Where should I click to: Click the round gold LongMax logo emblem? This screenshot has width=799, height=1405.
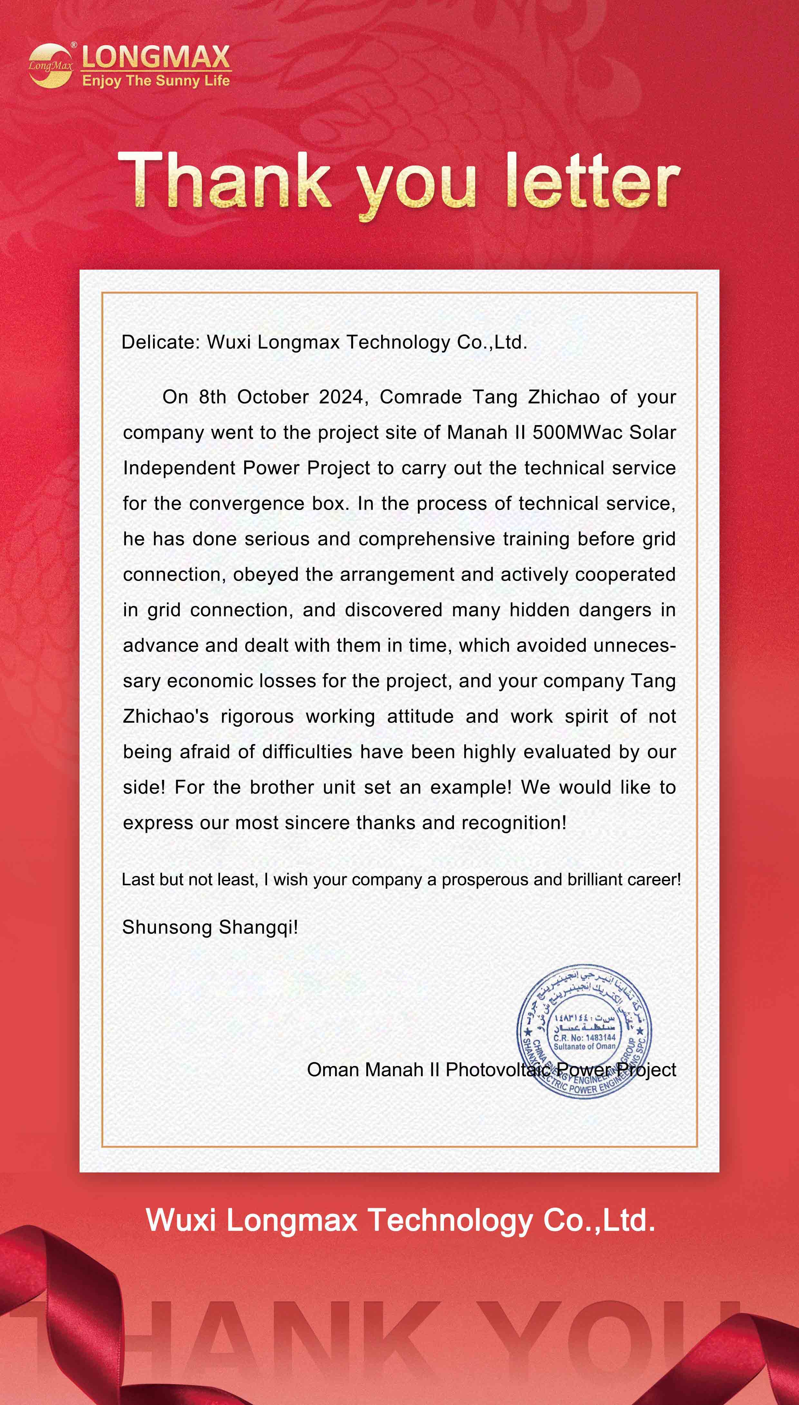coord(51,65)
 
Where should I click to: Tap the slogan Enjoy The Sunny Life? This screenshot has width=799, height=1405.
coord(156,81)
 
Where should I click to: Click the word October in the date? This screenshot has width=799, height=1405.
coord(273,396)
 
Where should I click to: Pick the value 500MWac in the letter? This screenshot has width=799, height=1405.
coord(577,432)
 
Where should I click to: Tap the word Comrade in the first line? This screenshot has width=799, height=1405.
coord(420,396)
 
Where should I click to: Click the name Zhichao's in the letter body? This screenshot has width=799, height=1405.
coord(166,716)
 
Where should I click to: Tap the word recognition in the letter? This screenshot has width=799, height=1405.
coord(514,823)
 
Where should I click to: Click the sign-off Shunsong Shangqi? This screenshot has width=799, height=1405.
coord(210,927)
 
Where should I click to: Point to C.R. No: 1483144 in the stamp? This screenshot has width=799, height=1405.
coord(584,1038)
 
